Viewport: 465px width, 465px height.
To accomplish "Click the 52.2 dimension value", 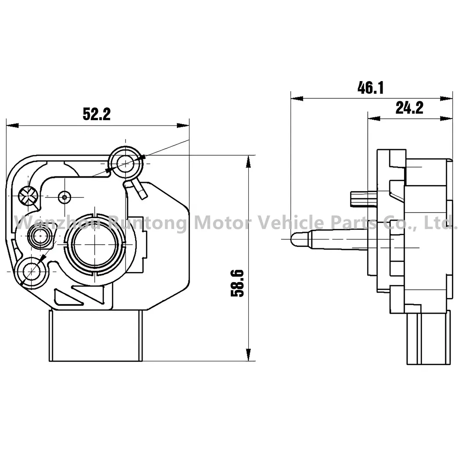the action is (97, 114).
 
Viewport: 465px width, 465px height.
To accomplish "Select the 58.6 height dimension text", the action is (237, 283).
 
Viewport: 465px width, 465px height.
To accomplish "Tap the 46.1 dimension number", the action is (371, 88).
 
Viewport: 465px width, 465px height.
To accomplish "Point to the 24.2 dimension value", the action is (409, 107).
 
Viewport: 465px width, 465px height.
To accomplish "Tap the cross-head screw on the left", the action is (28, 197).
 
